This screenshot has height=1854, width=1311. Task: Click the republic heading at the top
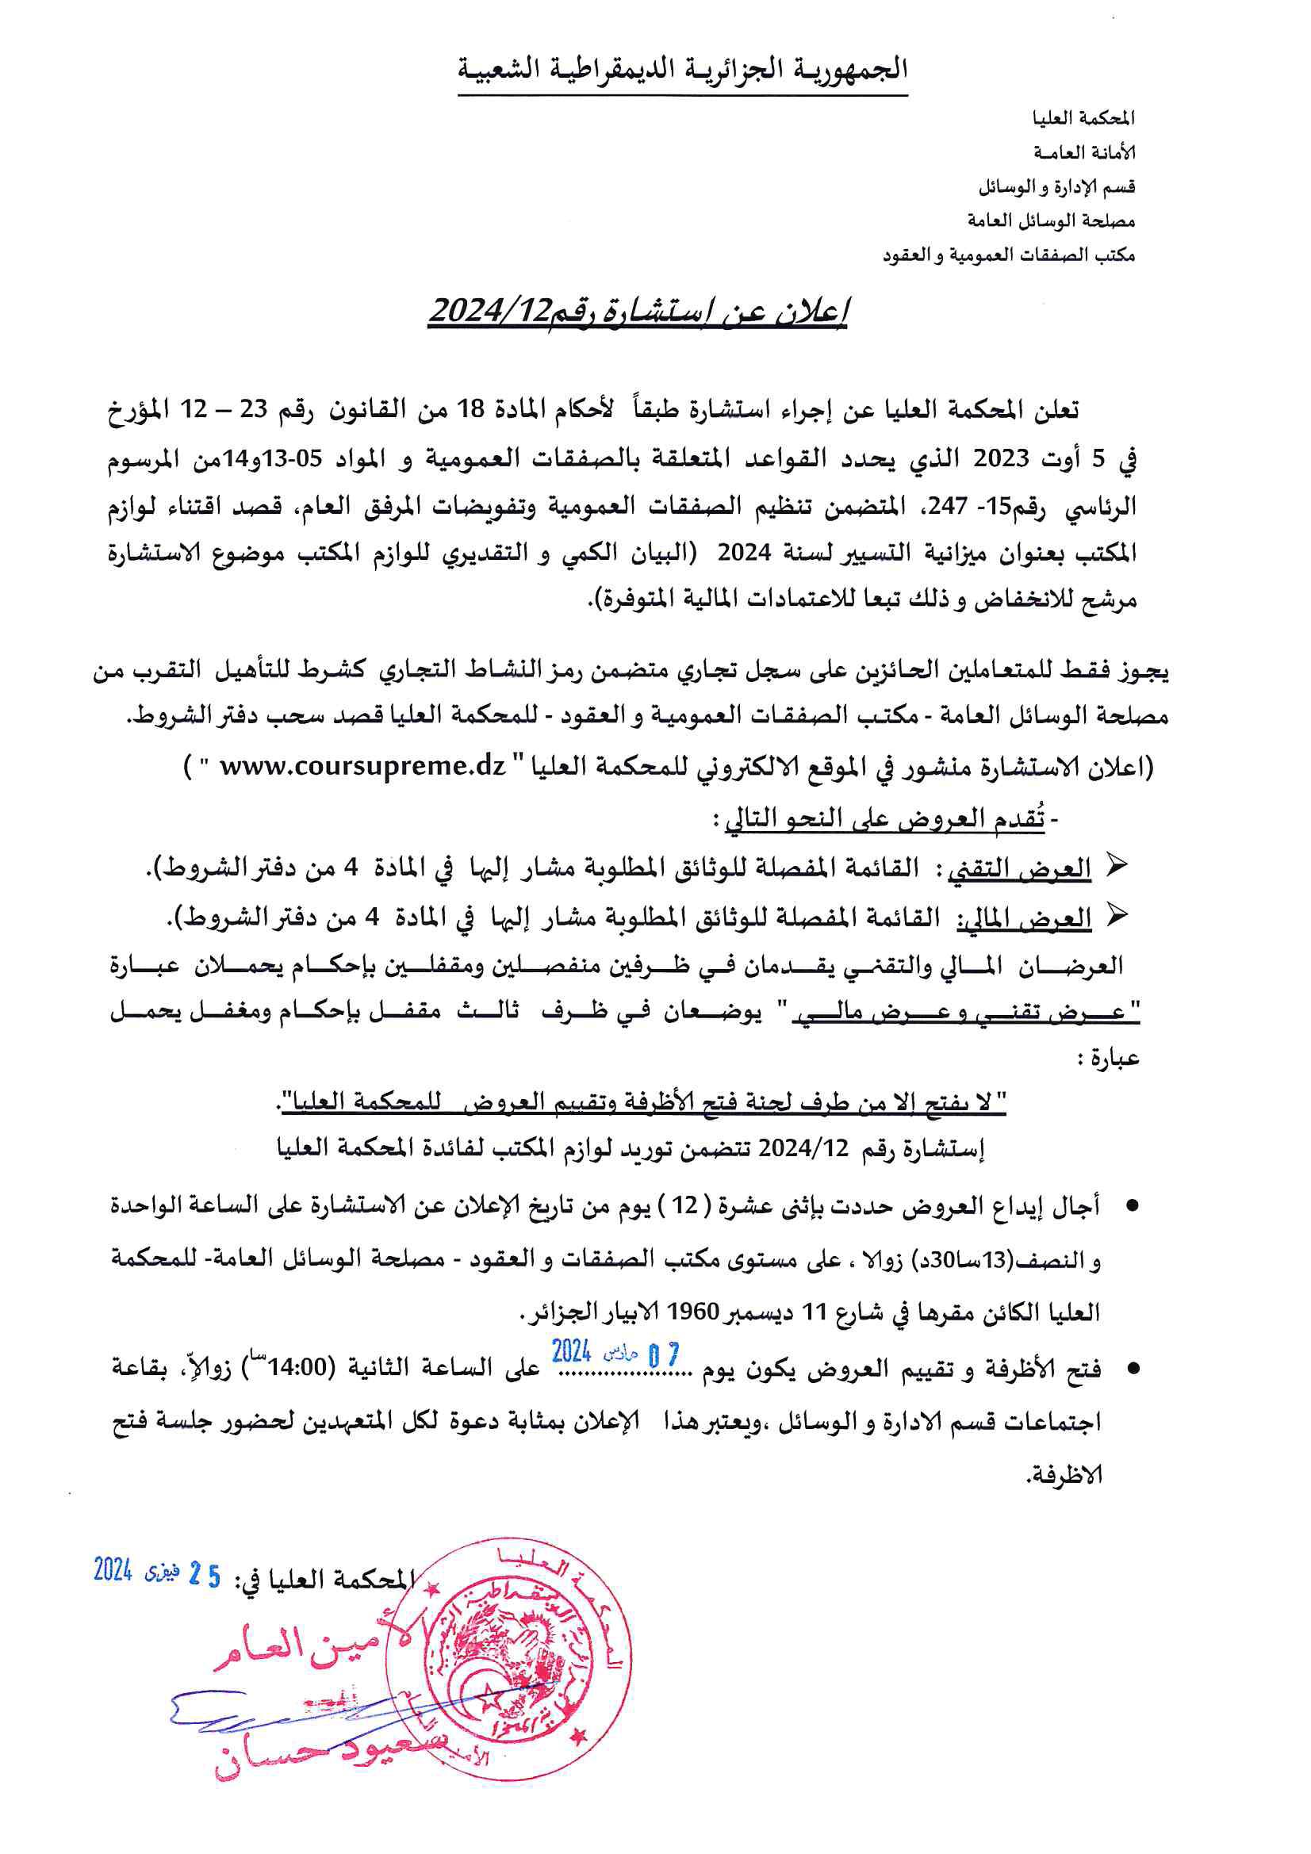click(x=683, y=70)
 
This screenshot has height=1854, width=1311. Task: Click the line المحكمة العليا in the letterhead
click(x=1083, y=119)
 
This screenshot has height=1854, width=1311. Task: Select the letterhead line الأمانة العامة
click(x=1084, y=152)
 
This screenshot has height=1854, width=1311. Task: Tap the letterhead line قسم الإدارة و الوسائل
click(x=1056, y=187)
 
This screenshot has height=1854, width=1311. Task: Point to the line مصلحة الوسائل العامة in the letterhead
click(x=1051, y=220)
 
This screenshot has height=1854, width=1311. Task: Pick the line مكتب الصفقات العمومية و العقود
click(x=1008, y=255)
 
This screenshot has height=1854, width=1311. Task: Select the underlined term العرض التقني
click(x=1018, y=869)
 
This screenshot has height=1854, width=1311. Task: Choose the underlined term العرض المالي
click(x=1024, y=918)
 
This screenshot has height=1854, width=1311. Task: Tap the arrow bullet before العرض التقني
click(x=1116, y=867)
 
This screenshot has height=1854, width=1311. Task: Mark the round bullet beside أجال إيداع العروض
click(x=1132, y=1206)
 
